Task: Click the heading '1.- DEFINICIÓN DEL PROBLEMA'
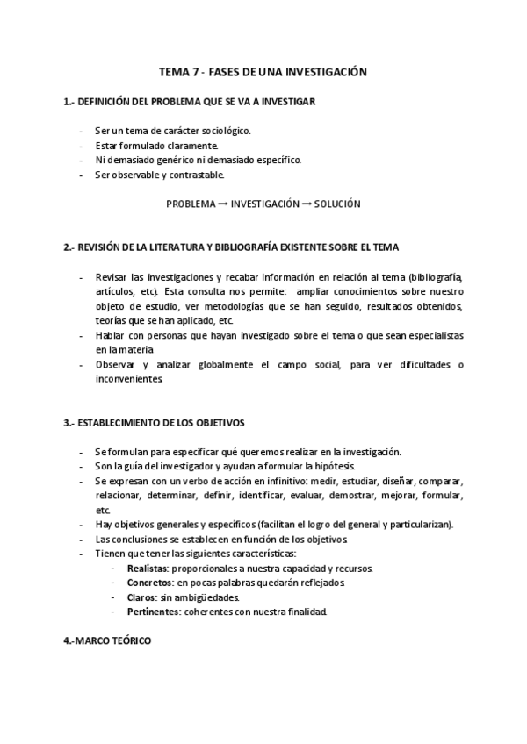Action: [x=190, y=102]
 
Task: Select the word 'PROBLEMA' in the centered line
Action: [x=191, y=204]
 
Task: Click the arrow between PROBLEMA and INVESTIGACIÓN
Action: [x=222, y=204]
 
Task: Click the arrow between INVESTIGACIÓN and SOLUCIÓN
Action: [x=307, y=204]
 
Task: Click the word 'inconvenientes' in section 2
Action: [x=129, y=379]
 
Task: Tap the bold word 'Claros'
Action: [x=141, y=597]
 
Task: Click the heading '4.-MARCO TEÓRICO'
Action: [x=107, y=641]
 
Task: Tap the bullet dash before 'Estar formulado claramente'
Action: [x=81, y=146]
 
